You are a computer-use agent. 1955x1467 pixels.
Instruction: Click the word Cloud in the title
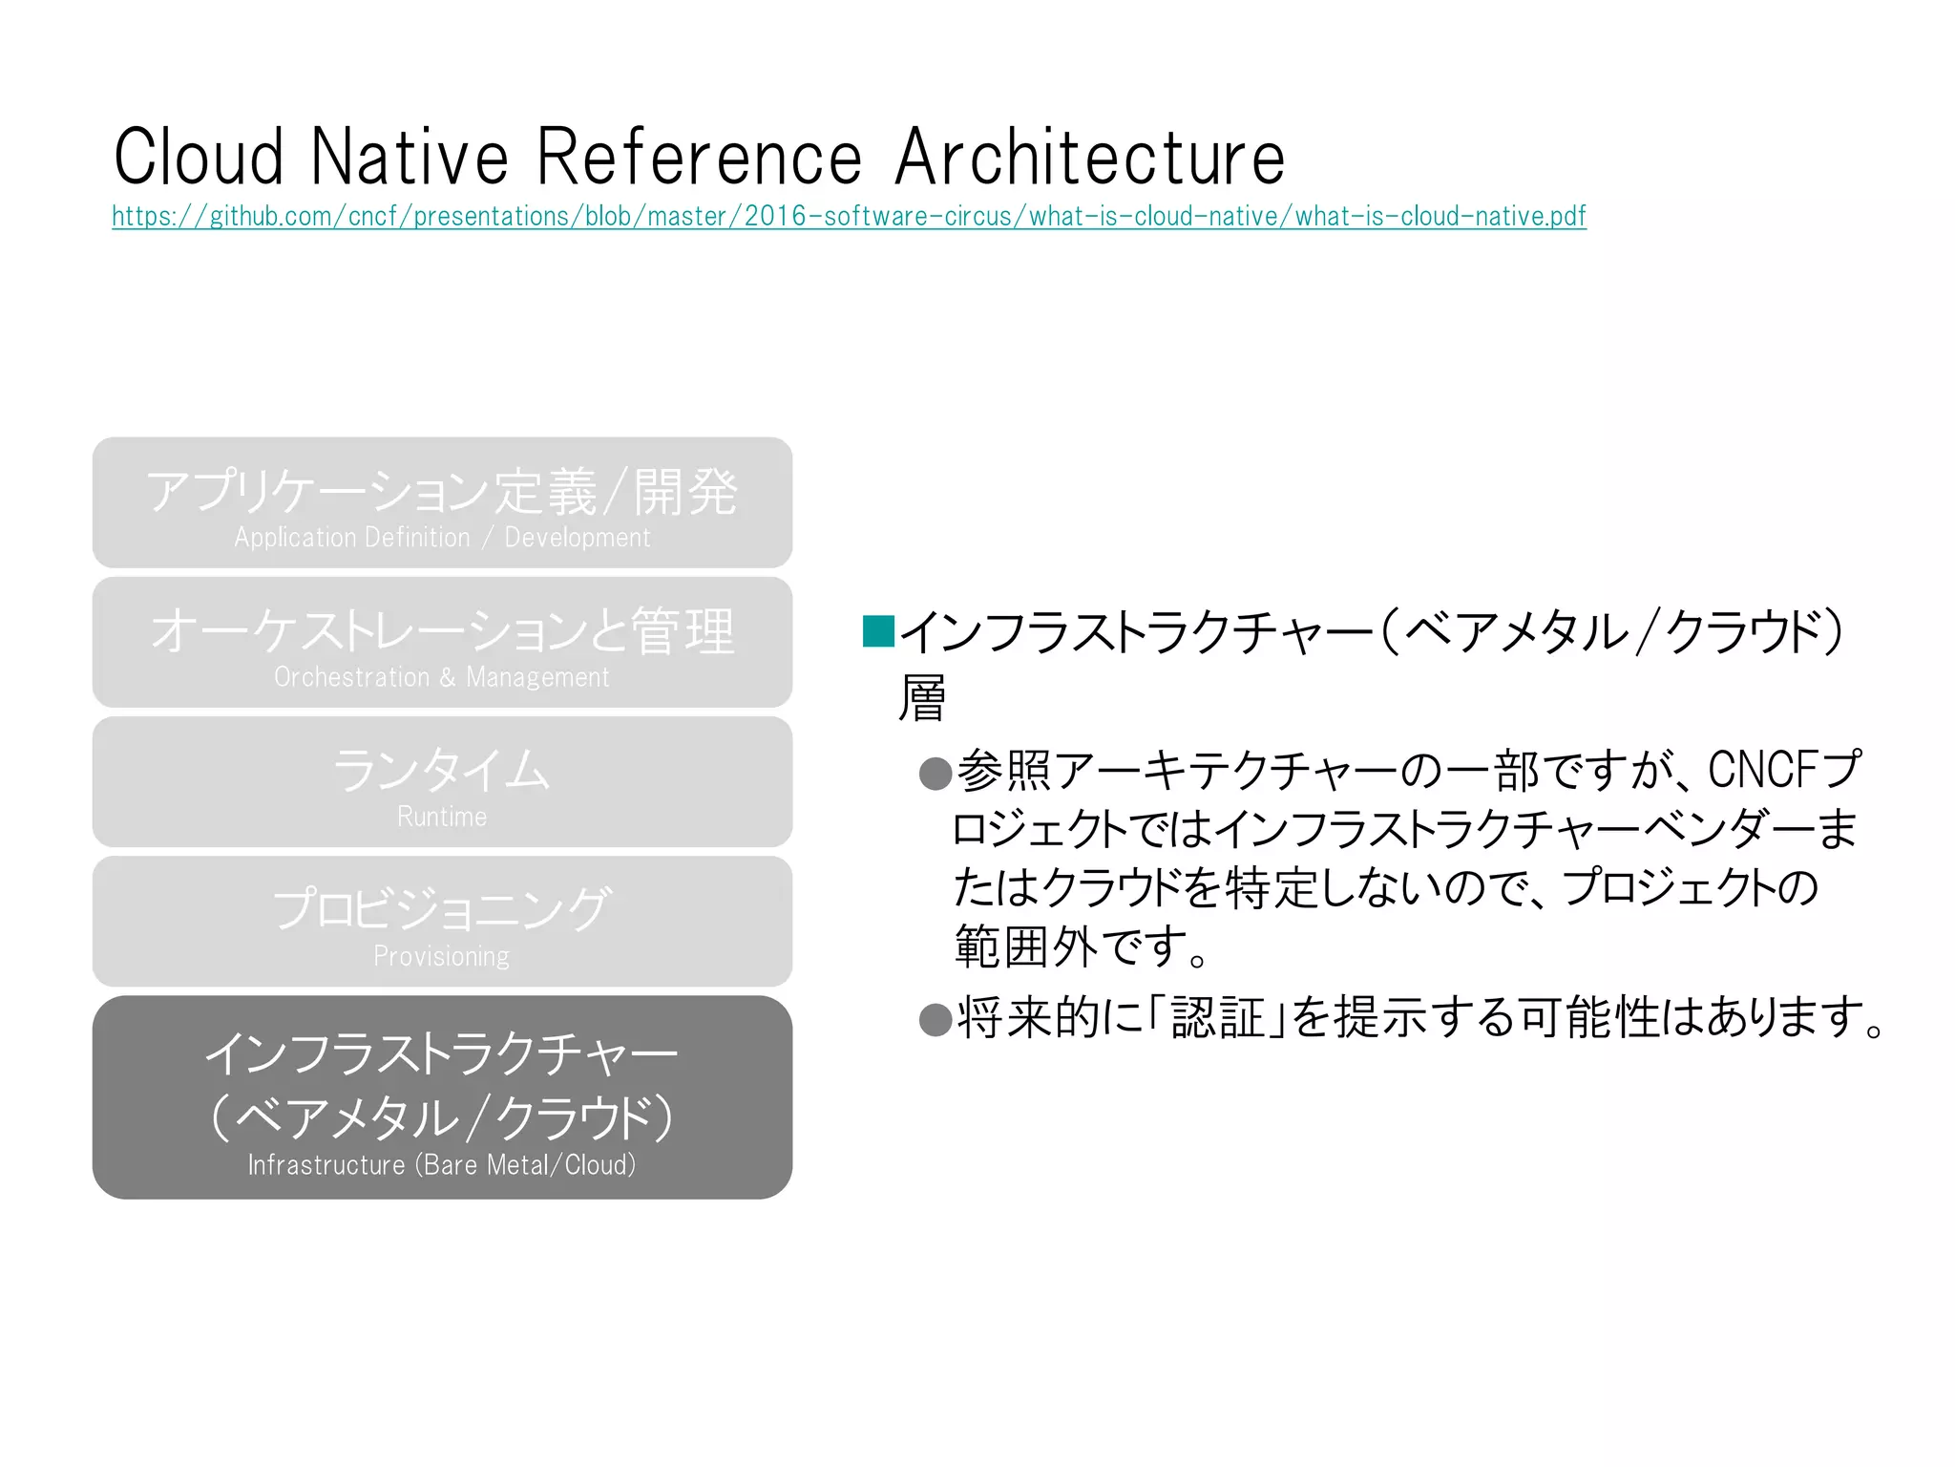click(199, 158)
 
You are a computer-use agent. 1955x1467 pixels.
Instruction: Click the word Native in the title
click(410, 158)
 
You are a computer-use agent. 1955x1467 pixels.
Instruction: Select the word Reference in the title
click(700, 158)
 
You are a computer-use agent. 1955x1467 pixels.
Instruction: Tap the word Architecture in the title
click(1090, 158)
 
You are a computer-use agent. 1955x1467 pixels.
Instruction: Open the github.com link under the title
click(849, 217)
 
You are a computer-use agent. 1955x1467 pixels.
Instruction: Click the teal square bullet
click(877, 631)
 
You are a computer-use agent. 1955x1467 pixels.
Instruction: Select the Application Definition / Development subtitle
click(442, 538)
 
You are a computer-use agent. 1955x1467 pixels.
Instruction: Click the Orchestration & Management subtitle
click(442, 677)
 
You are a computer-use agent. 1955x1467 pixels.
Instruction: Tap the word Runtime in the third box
click(442, 817)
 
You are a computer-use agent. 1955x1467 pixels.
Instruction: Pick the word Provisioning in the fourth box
click(442, 956)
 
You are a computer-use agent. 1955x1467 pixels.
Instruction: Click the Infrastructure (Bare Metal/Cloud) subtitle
click(442, 1165)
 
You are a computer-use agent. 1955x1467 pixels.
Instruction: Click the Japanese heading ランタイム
click(442, 770)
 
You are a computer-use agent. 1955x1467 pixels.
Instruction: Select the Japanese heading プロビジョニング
click(442, 908)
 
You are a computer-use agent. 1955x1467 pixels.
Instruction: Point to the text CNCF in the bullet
click(1761, 770)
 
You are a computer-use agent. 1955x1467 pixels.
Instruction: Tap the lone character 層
click(922, 698)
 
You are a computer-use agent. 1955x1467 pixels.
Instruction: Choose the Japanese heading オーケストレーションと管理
click(442, 631)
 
